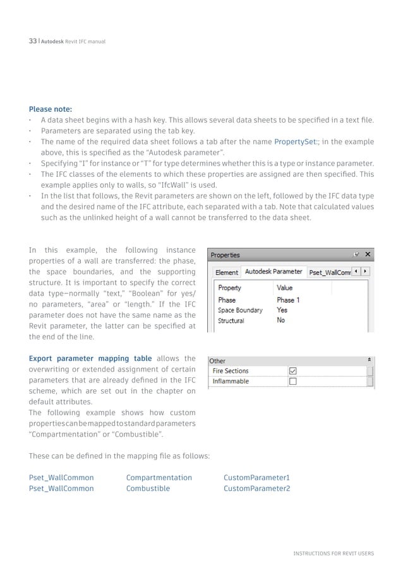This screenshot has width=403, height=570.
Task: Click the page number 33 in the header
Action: [x=33, y=41]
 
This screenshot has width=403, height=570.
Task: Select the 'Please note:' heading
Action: [x=50, y=108]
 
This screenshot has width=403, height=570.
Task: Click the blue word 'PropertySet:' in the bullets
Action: [x=294, y=141]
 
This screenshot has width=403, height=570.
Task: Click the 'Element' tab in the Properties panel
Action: [x=226, y=272]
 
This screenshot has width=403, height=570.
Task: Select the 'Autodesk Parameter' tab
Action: [x=273, y=271]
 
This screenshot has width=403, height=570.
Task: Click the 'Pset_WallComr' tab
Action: [x=328, y=272]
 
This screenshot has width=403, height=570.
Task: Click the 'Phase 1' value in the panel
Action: [x=288, y=300]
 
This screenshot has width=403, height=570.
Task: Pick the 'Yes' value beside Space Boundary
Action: [x=282, y=310]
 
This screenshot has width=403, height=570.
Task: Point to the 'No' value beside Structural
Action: [x=280, y=320]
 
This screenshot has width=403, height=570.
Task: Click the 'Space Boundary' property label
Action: [x=240, y=310]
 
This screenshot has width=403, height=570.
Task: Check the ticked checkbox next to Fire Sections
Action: [x=292, y=371]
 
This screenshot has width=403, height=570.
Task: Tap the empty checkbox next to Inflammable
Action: [x=292, y=382]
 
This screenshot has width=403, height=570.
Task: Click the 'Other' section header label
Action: [x=217, y=361]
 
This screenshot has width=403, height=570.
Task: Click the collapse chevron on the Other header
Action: [x=369, y=360]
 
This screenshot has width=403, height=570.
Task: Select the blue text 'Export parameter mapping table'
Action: [x=90, y=358]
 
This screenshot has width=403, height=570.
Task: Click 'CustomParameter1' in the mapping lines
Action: [x=256, y=477]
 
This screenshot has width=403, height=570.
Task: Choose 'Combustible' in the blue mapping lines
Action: [x=148, y=488]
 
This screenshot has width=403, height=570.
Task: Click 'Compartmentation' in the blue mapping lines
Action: [x=159, y=477]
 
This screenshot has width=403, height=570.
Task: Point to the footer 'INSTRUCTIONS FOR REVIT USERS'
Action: [x=334, y=554]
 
